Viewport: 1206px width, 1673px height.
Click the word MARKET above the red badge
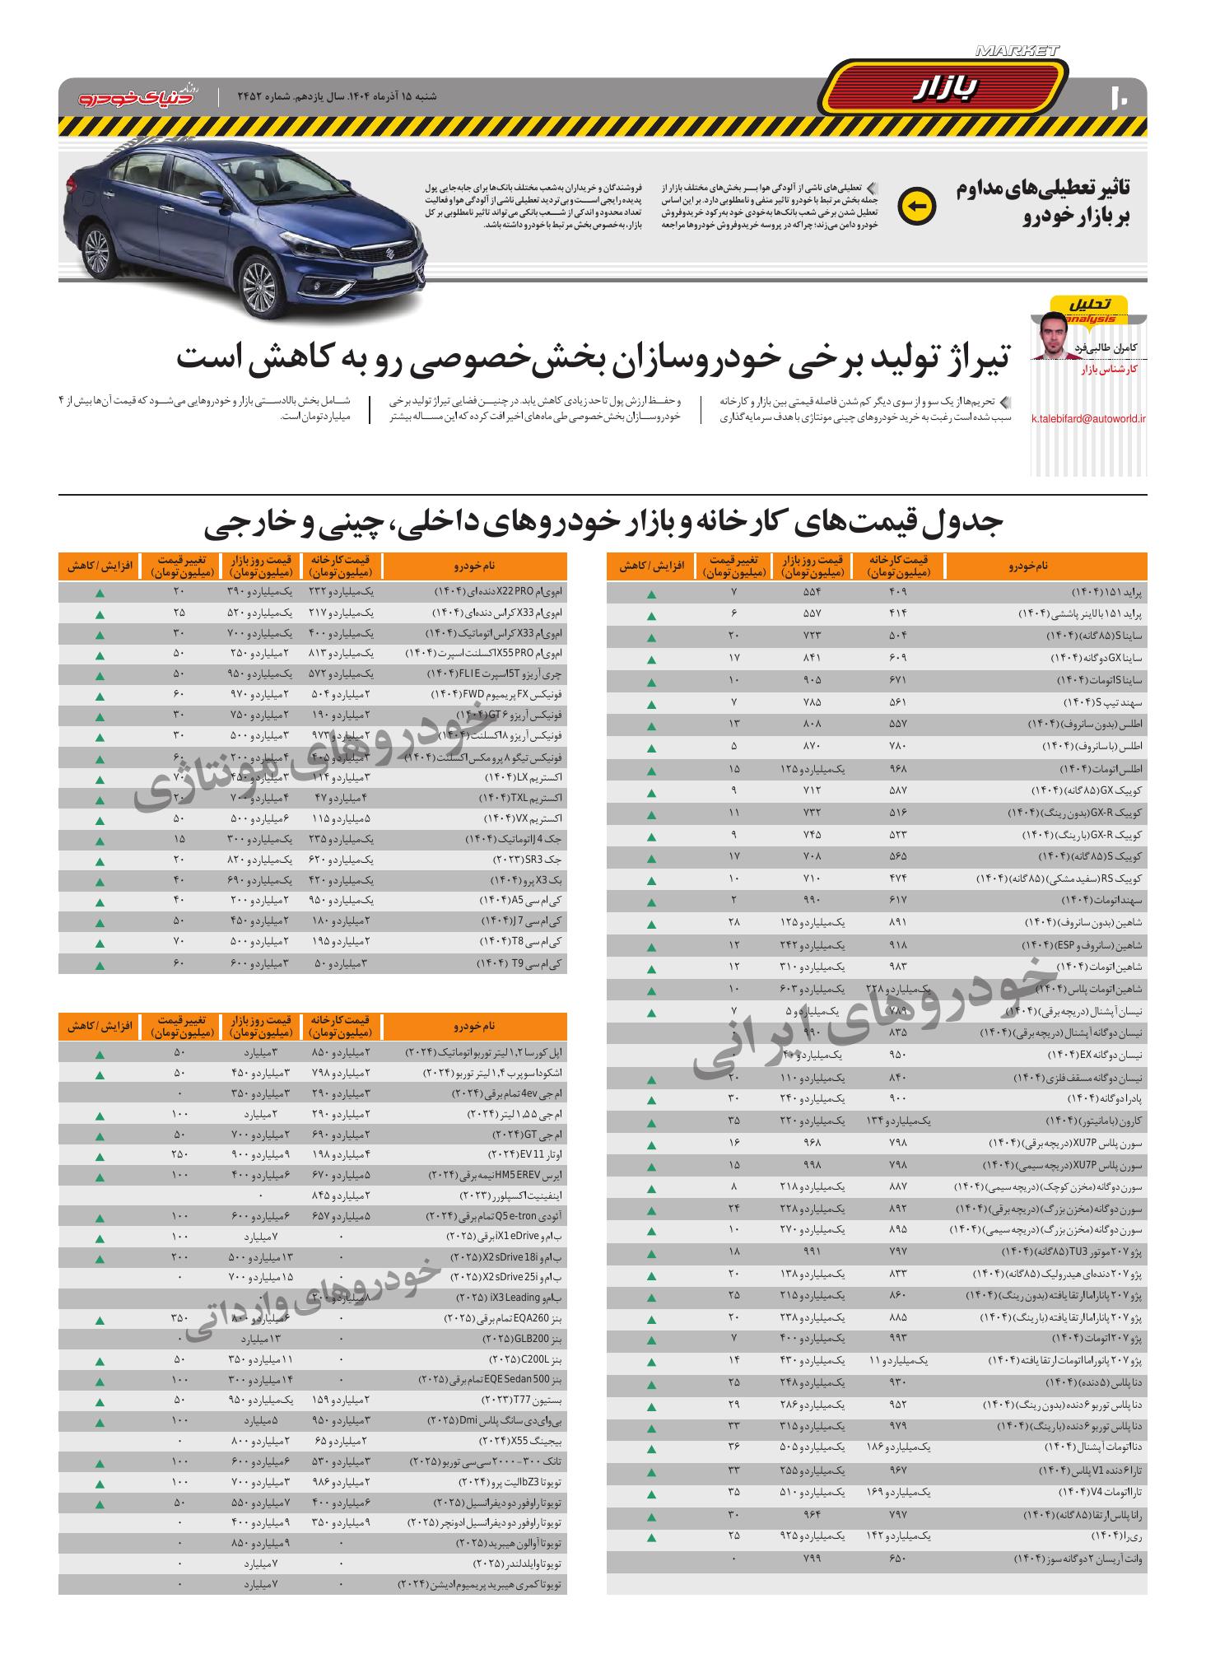1017,51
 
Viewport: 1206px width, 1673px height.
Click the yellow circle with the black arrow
916,206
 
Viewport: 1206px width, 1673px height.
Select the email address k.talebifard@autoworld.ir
1088,418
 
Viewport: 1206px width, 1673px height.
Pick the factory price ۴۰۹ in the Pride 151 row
898,593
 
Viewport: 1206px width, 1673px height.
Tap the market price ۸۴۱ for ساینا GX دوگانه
813,659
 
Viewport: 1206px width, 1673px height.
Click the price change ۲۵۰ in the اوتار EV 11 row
180,1154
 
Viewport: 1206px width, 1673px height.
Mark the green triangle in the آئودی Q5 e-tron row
100,1217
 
